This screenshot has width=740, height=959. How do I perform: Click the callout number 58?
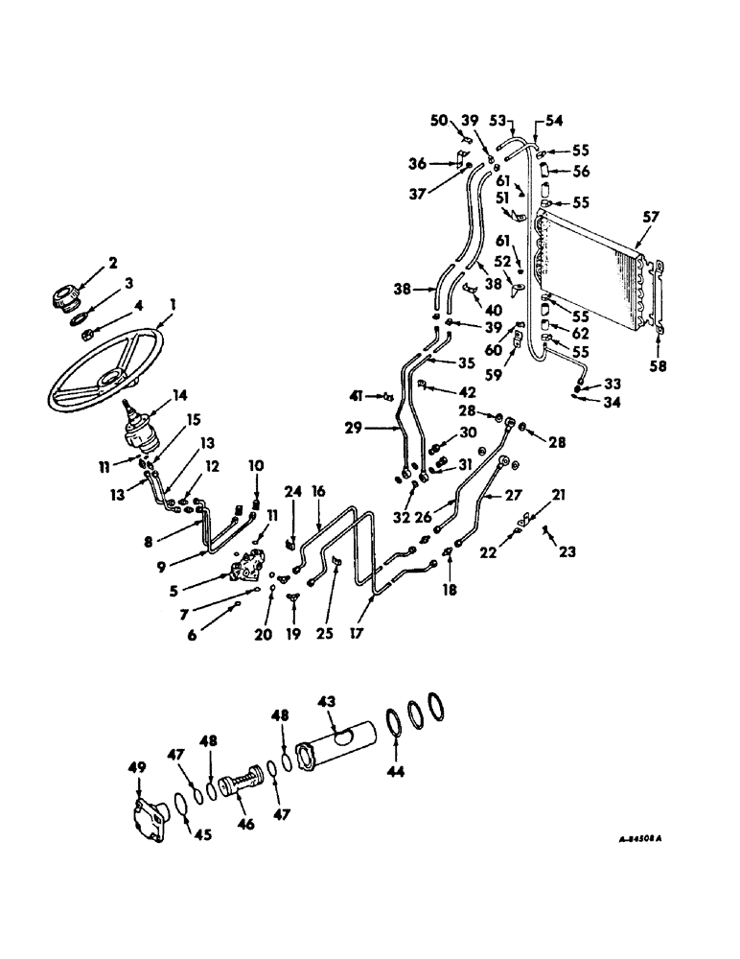tap(663, 365)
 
